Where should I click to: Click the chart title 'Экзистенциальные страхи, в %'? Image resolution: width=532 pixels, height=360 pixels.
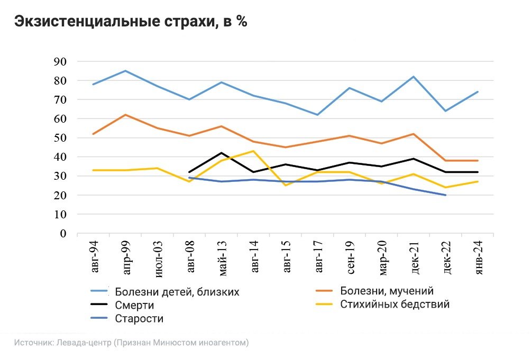(130, 22)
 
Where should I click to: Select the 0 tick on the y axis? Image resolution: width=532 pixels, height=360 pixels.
(63, 234)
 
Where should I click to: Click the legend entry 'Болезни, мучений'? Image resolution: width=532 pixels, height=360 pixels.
(387, 291)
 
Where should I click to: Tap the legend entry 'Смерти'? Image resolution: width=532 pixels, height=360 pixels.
(134, 305)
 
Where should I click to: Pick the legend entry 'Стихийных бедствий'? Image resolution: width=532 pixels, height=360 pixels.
(395, 304)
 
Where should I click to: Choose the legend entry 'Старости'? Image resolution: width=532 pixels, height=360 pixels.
(139, 319)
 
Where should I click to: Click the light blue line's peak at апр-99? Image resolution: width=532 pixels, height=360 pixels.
(125, 71)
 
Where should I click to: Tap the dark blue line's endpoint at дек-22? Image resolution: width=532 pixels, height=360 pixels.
(446, 195)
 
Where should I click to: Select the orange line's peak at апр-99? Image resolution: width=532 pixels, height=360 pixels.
(125, 115)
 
